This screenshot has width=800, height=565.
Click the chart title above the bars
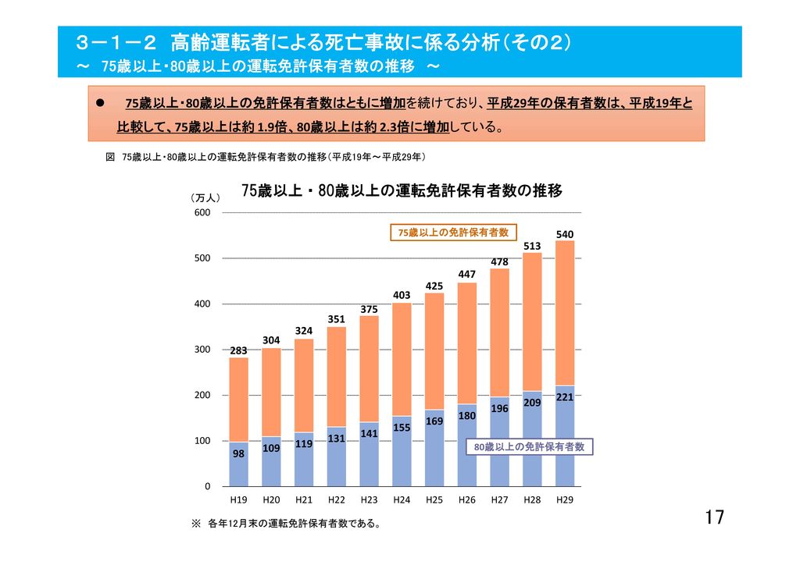402,191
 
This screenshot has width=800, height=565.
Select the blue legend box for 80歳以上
530,447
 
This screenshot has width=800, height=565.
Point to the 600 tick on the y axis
202,212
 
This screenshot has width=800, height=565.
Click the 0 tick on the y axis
208,487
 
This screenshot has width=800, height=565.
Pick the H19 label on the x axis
238,499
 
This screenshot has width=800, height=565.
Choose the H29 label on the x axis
564,499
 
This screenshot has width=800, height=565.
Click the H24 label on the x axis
402,499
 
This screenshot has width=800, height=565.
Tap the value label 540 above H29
564,234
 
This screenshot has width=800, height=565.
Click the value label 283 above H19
238,351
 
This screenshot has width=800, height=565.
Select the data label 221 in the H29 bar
564,398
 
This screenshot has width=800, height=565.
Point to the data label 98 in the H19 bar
238,453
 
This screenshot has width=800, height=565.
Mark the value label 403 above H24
402,295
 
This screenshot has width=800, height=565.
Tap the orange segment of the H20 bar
271,390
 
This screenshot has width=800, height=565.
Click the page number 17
714,517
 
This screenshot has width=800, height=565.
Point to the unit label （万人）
205,200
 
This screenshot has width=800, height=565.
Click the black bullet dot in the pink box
100,102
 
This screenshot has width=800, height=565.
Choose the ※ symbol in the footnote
196,524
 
